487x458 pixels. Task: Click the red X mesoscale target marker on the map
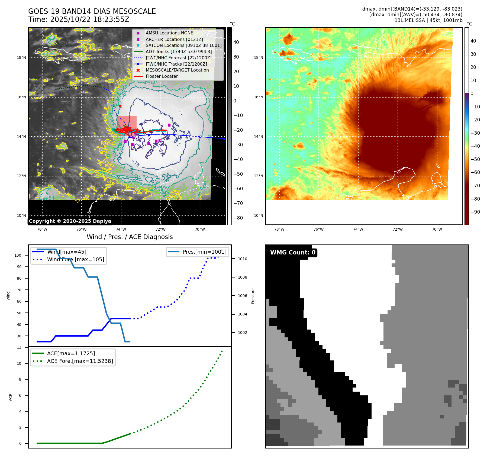pos(120,106)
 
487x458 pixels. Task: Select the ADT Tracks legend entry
pos(178,51)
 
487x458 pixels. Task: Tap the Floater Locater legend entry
pos(162,76)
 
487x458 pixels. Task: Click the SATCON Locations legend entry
pos(183,45)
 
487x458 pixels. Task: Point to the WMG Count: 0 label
pos(293,253)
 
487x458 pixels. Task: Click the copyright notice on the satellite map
pos(70,221)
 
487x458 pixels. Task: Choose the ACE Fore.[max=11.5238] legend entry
pos(80,361)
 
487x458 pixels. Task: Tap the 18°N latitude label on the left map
pos(21,57)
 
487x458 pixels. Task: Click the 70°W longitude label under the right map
pos(437,229)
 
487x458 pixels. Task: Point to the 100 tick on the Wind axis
pos(18,255)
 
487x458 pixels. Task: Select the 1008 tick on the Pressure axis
pos(242,277)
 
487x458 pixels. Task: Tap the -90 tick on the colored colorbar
pos(475,212)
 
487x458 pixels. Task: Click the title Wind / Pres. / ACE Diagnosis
pos(130,237)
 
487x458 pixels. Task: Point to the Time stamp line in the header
pos(79,20)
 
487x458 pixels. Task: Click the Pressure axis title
pos(253,296)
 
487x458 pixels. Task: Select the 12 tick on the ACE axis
pos(19,347)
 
